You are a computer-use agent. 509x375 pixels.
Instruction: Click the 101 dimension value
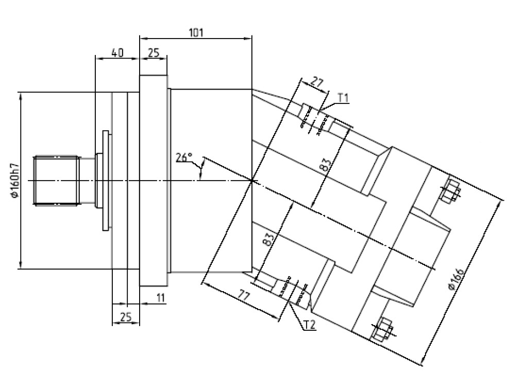click(x=196, y=33)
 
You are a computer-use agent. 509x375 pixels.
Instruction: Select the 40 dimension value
click(x=117, y=53)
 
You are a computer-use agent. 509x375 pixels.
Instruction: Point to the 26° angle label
click(x=184, y=157)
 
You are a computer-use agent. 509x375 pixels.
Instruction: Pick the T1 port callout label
click(x=343, y=98)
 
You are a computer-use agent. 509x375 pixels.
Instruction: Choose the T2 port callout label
click(x=309, y=325)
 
